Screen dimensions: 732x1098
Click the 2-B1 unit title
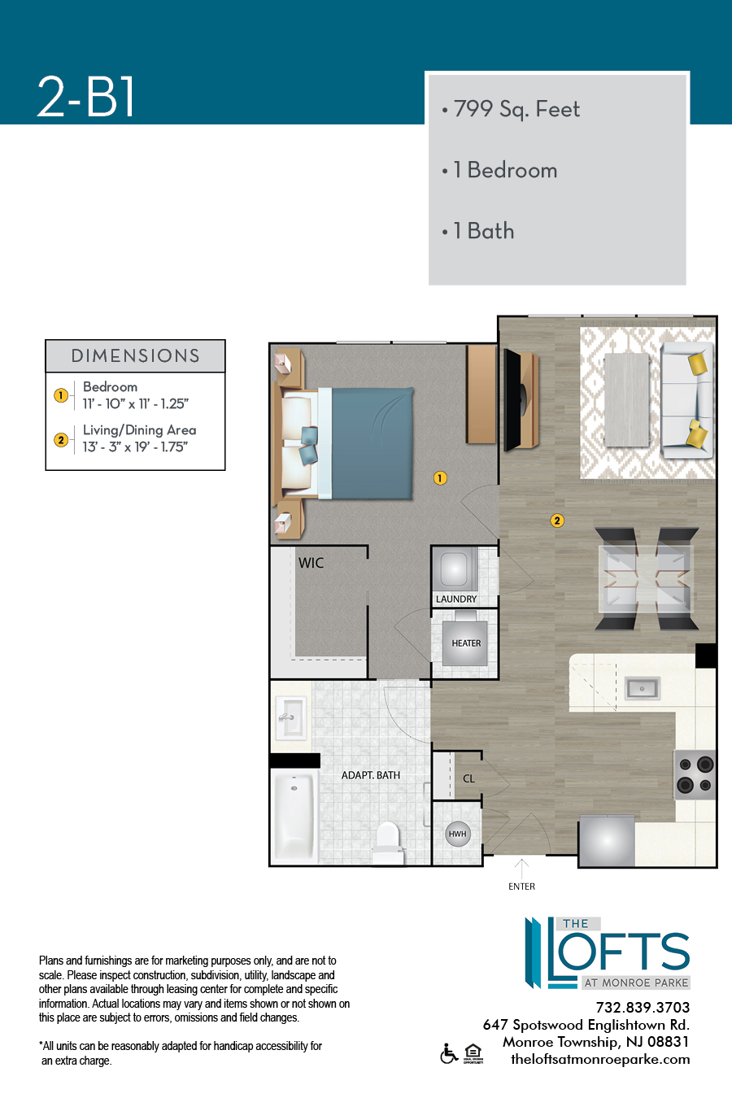tap(85, 97)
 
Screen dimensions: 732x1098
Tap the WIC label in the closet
tap(311, 563)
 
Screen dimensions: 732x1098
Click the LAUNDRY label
tap(456, 599)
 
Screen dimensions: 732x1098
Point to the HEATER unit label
tap(466, 643)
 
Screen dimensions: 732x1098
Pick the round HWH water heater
tap(458, 834)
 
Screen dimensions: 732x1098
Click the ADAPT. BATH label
tap(371, 775)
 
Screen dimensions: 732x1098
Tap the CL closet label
tap(468, 778)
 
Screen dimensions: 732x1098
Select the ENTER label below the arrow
tap(521, 887)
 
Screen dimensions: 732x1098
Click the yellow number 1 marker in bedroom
tap(440, 478)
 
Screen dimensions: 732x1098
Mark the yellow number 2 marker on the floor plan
tap(557, 521)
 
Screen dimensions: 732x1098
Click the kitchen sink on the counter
tap(643, 689)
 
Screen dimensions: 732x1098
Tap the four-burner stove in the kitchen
tap(695, 775)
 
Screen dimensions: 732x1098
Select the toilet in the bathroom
tap(388, 843)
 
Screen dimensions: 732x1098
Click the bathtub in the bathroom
tap(294, 816)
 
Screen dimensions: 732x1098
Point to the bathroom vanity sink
tap(290, 719)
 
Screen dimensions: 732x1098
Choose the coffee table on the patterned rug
tap(627, 400)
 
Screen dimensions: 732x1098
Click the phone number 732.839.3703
tap(643, 1008)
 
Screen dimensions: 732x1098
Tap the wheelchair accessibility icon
tap(449, 1054)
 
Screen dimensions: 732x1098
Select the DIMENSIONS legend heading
tap(135, 356)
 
